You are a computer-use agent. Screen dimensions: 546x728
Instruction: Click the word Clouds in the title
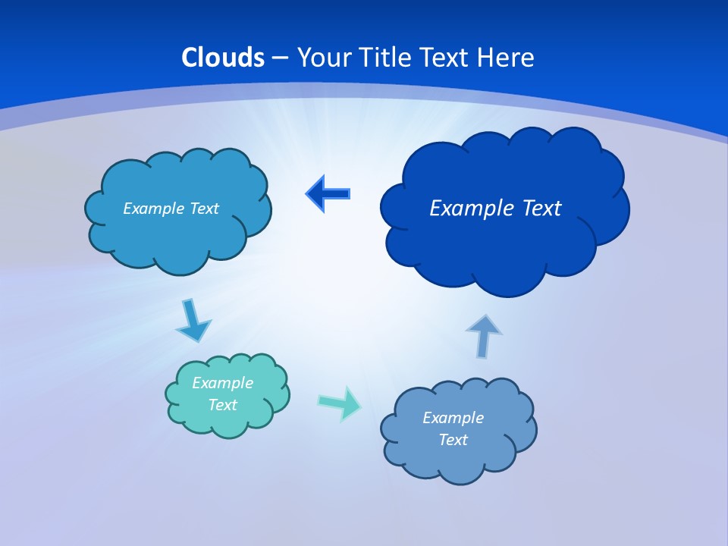click(x=223, y=58)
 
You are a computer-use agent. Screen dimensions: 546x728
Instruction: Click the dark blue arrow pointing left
click(x=328, y=193)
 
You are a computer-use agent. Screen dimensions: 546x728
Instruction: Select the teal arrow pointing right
click(x=340, y=403)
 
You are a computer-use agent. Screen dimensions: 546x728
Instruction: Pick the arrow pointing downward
click(x=193, y=321)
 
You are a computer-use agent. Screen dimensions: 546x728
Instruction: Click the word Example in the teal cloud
click(x=222, y=383)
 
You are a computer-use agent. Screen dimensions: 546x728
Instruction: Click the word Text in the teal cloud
click(x=223, y=405)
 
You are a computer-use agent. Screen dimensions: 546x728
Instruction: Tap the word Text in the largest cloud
click(x=541, y=209)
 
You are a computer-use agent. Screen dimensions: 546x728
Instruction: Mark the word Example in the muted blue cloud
click(x=453, y=418)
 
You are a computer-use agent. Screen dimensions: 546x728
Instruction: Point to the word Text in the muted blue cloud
click(x=453, y=440)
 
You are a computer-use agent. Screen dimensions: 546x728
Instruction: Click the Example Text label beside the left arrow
click(x=171, y=209)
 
